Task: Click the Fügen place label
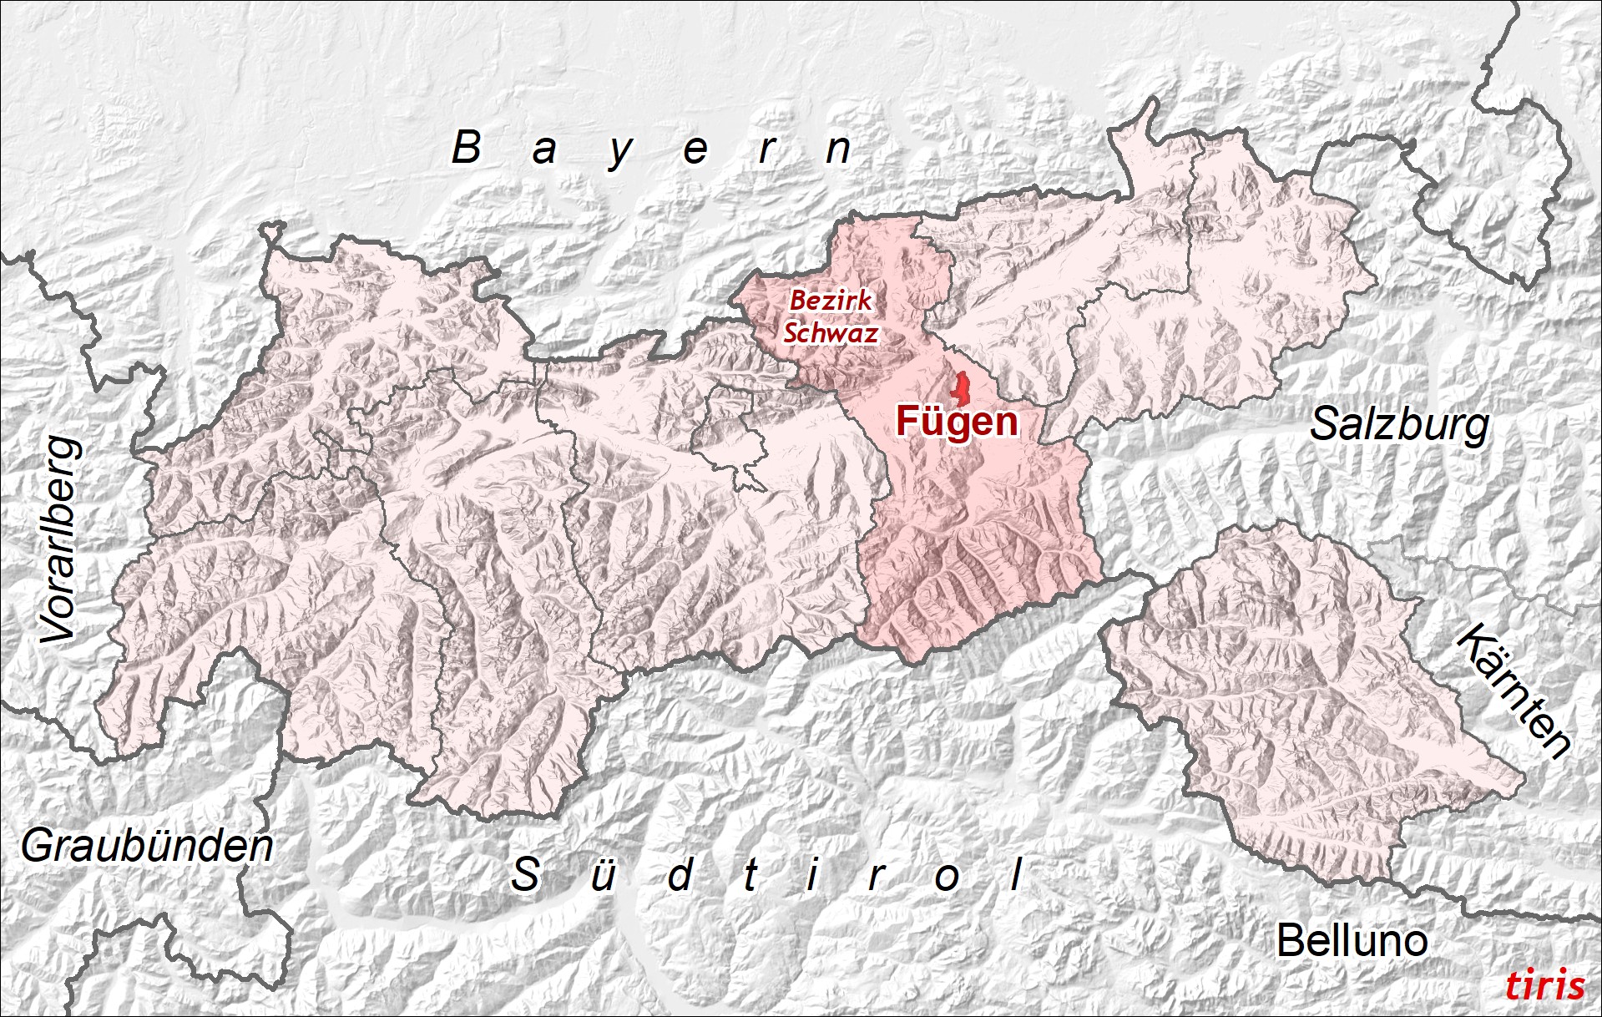(957, 422)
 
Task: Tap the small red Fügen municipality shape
(962, 389)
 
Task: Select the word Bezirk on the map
(831, 301)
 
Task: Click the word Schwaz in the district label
(831, 333)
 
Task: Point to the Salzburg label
(1399, 425)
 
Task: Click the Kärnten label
(1513, 691)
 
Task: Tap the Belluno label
(1352, 941)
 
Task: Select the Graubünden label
(147, 847)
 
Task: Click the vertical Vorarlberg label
(61, 540)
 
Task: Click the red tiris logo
(1544, 985)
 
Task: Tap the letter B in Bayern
(467, 148)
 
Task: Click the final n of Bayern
(838, 150)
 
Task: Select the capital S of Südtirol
(525, 874)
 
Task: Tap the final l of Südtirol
(1016, 874)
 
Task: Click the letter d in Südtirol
(680, 875)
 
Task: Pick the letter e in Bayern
(695, 150)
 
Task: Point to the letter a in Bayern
(543, 150)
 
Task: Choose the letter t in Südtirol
(750, 875)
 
